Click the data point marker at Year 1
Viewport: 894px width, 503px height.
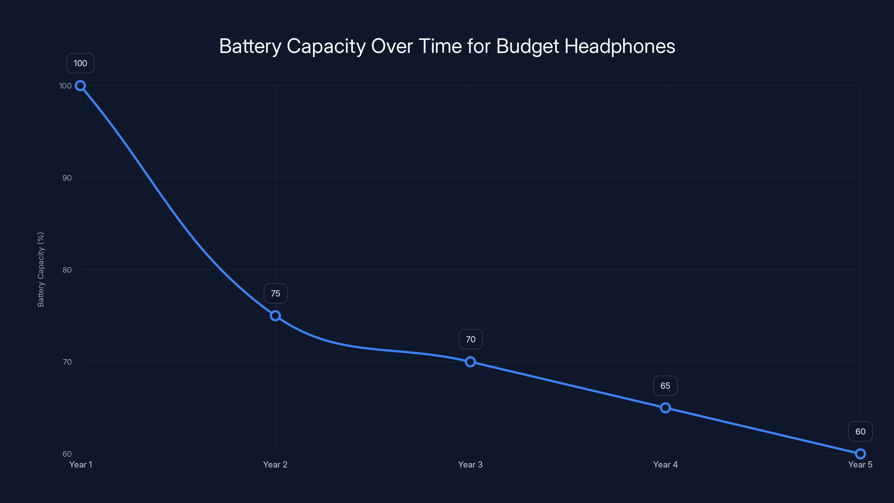[80, 86]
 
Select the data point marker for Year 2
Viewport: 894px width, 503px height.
[275, 316]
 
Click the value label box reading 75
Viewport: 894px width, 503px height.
[275, 294]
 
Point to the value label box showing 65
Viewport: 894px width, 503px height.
[665, 386]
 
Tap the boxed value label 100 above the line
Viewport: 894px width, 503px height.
[80, 63]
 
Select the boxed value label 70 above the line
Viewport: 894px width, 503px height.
[470, 340]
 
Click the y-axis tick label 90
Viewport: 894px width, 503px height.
[67, 178]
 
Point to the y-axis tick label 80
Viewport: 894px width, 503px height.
[67, 270]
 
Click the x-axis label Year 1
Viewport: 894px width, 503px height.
[80, 465]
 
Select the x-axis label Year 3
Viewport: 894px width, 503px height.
[470, 465]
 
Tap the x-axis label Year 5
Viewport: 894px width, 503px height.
[860, 465]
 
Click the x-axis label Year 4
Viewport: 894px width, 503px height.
[665, 465]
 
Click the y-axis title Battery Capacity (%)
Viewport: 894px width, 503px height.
[41, 270]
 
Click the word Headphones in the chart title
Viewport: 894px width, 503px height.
[620, 46]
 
